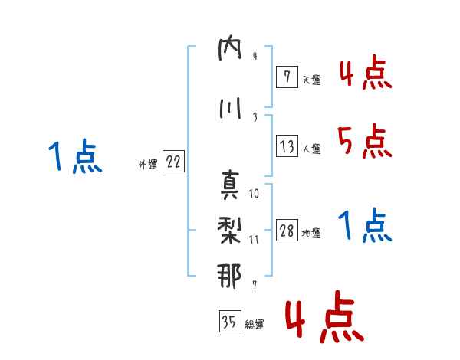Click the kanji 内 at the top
230,48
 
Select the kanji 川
230,109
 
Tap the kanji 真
230,185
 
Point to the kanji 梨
230,231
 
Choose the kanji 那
230,276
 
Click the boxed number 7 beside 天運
287,77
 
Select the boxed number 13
287,146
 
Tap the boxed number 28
287,230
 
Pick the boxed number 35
230,321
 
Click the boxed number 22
173,161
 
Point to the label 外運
148,165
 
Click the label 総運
255,325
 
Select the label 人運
311,149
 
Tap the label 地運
311,234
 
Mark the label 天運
311,80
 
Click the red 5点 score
365,141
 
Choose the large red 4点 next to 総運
325,316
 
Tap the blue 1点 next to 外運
75,156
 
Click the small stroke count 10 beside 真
254,194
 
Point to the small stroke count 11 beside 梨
254,240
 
